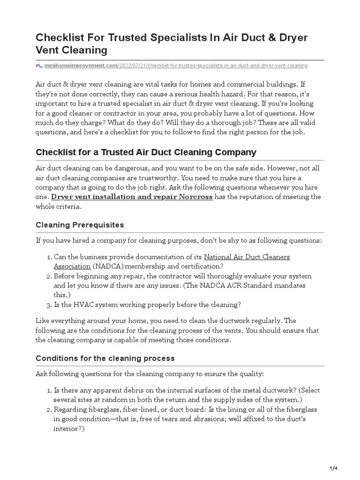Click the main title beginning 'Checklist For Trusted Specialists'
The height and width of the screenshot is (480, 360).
172,43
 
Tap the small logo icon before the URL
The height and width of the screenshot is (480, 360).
39,66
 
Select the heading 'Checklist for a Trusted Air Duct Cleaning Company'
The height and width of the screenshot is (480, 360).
146,152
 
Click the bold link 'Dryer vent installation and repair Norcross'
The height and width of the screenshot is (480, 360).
132,197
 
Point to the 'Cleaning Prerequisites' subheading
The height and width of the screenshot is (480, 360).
80,225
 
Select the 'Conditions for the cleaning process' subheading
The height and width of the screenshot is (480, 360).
105,358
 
